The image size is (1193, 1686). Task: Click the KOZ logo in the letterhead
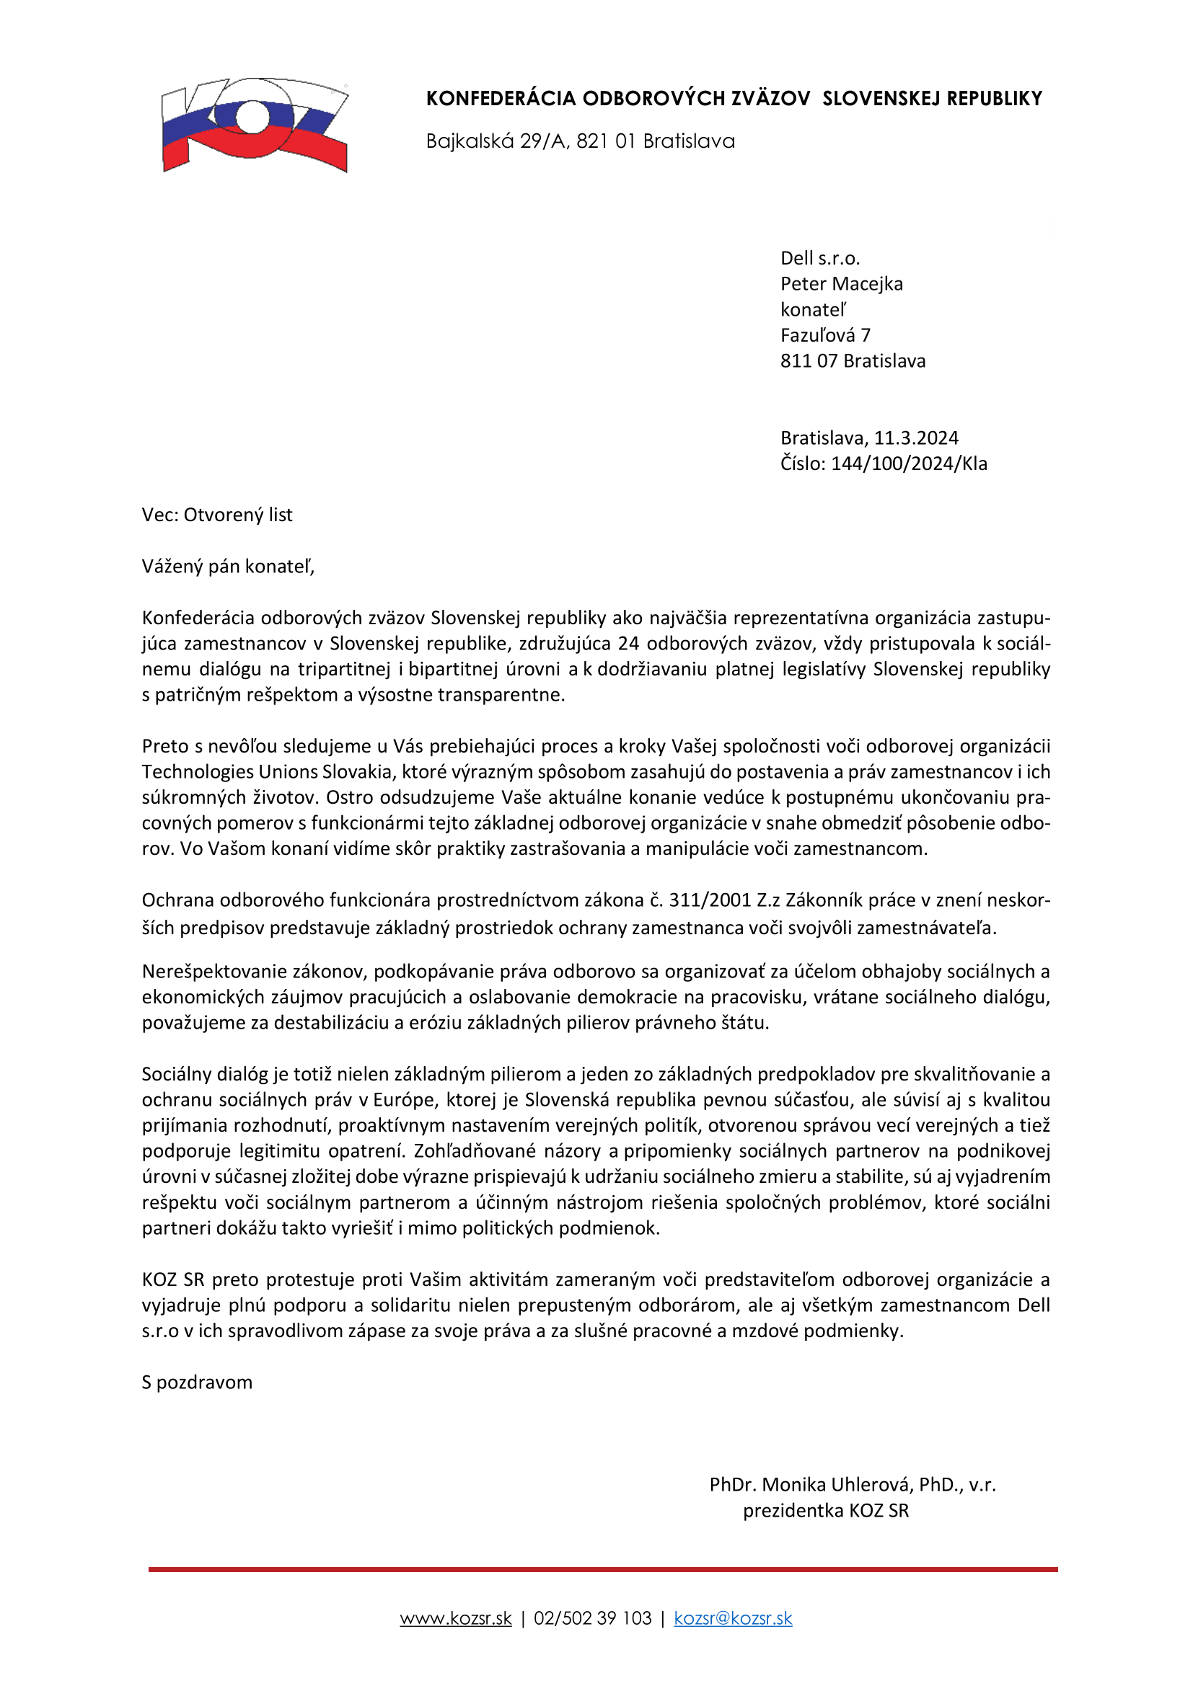tap(254, 124)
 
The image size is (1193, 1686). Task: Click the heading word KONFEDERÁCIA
tap(501, 99)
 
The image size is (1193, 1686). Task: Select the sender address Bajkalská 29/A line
tap(580, 141)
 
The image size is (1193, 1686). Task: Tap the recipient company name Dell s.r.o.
tap(820, 259)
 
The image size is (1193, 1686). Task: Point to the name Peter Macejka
tap(841, 284)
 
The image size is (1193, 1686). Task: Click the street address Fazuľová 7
tap(825, 336)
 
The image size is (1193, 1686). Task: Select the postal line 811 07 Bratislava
tap(852, 361)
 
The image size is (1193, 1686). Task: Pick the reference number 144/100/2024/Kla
tap(909, 464)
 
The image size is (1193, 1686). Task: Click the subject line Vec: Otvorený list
tap(216, 515)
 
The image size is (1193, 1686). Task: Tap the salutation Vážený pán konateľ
tap(228, 567)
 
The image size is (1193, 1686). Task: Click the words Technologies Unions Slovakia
tap(268, 773)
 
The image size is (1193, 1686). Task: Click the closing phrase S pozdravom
tap(197, 1383)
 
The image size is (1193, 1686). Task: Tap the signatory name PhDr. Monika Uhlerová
tap(810, 1485)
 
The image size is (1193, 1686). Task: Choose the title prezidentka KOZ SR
tap(826, 1511)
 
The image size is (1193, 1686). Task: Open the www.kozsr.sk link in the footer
tap(455, 1618)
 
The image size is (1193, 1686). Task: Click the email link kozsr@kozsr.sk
tap(732, 1618)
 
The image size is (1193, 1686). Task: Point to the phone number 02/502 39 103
tap(592, 1618)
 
